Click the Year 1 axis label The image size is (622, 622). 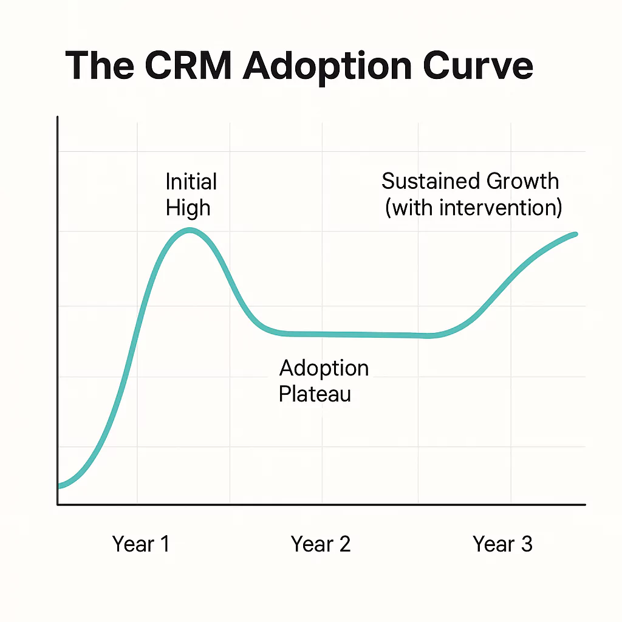(141, 544)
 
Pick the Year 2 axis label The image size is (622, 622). (321, 544)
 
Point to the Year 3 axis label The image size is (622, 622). (502, 544)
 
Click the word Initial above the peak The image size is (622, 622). (191, 182)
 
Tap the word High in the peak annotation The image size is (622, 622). (188, 208)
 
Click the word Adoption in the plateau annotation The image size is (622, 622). (324, 367)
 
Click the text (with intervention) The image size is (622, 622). (473, 207)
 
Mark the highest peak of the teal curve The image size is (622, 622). (190, 230)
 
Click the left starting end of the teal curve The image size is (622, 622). (59, 485)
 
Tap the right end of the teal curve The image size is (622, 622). (575, 234)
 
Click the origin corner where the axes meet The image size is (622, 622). (58, 504)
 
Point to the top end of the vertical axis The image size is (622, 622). (58, 117)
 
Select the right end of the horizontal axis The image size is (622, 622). (585, 504)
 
